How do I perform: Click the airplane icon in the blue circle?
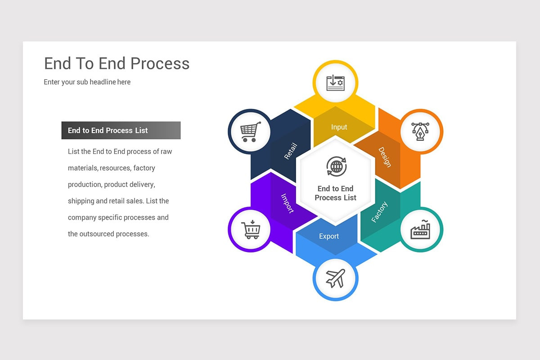[335, 278]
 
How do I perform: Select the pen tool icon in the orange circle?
[421, 131]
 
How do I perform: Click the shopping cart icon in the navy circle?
[250, 131]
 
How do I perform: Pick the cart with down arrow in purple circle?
[250, 229]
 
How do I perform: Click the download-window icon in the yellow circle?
[335, 83]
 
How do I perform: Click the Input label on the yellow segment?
[339, 127]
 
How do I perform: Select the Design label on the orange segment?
[384, 157]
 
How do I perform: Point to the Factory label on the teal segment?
[379, 212]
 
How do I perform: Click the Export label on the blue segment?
[329, 236]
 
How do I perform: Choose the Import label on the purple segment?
[287, 203]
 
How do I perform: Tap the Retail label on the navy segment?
[291, 151]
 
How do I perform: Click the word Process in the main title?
[161, 63]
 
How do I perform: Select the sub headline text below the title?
[87, 82]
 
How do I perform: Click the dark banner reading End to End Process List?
[121, 130]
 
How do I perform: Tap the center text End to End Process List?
[335, 193]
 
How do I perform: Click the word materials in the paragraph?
[82, 168]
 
